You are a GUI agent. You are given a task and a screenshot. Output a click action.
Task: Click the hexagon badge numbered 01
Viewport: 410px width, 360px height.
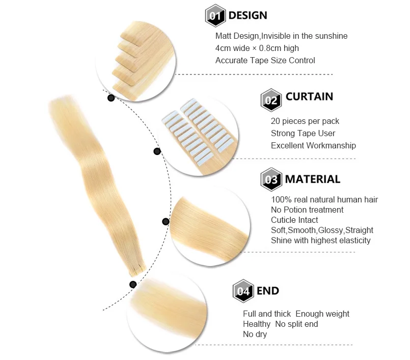click(215, 16)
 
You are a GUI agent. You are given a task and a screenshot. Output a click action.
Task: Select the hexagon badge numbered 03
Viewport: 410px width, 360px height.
click(270, 180)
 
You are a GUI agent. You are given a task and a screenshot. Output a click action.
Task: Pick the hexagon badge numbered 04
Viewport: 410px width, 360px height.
click(242, 292)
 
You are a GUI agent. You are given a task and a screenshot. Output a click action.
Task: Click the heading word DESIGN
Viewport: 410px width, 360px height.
click(248, 15)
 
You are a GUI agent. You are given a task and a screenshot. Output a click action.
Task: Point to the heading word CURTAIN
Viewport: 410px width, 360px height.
click(309, 96)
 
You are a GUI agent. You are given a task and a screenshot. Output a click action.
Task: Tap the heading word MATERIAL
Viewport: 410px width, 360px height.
click(312, 179)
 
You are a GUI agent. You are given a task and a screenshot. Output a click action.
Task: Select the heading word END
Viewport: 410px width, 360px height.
click(267, 291)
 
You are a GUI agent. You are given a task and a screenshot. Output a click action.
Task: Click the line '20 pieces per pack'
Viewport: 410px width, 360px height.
click(305, 121)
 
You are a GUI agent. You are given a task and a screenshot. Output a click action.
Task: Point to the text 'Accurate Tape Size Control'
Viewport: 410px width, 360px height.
click(265, 61)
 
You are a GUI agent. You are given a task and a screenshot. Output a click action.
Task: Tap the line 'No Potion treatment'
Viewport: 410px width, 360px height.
click(307, 210)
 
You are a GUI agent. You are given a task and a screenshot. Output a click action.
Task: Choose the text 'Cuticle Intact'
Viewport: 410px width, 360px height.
click(294, 220)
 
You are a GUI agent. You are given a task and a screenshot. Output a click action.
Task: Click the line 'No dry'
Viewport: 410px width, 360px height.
click(255, 335)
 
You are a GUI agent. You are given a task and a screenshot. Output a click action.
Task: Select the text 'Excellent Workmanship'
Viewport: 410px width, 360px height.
click(313, 146)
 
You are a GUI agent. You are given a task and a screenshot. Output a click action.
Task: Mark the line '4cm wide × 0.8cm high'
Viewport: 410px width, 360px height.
click(257, 48)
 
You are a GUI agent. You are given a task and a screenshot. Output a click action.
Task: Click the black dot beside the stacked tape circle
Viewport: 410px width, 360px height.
click(111, 98)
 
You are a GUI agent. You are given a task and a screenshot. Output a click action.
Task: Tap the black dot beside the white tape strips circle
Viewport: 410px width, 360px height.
click(157, 151)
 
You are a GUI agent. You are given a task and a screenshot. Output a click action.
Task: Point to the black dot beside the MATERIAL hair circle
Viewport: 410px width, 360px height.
click(165, 221)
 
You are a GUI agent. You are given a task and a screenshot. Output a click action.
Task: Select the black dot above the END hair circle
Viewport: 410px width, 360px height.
click(132, 285)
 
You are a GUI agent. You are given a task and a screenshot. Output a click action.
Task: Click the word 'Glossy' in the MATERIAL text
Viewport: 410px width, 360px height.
click(331, 230)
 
